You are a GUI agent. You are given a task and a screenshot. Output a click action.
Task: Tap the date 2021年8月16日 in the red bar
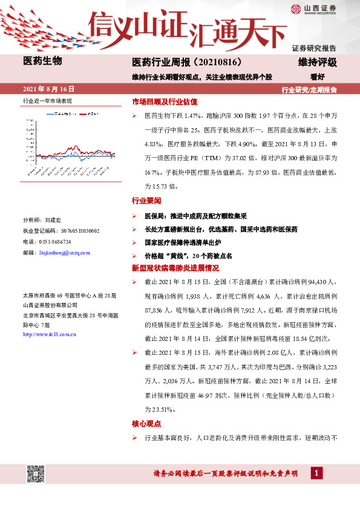coord(46,89)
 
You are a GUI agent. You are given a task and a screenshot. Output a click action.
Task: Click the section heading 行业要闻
coord(146,200)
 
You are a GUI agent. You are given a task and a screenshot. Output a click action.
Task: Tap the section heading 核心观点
coord(146,423)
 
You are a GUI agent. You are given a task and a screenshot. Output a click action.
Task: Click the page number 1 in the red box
coord(316,473)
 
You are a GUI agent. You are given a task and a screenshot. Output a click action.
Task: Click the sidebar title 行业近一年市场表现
coord(47,100)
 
